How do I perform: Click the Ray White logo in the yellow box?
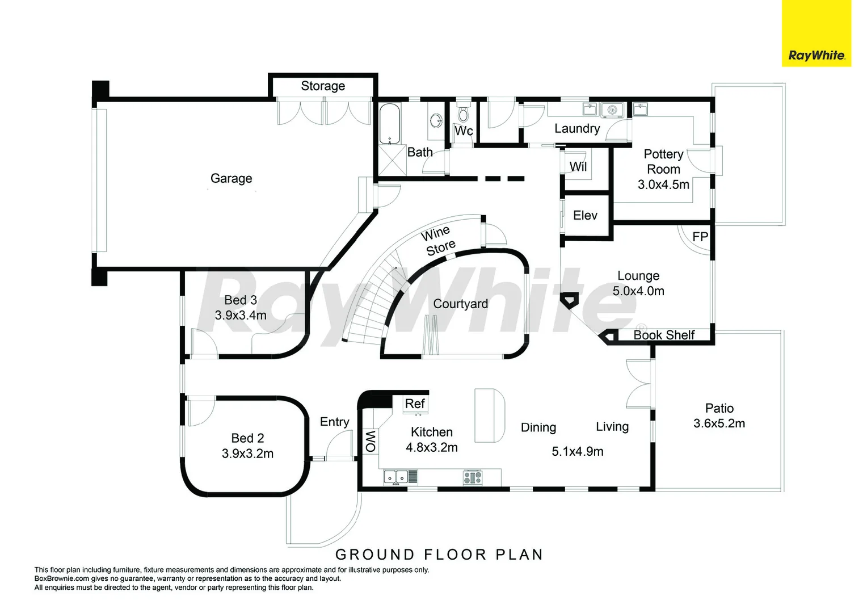[817, 56]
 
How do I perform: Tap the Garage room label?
[231, 178]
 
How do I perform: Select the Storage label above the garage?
[323, 86]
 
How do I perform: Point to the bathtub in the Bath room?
[389, 123]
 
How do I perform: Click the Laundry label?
[577, 128]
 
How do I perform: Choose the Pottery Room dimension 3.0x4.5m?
[663, 184]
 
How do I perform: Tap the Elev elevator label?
[585, 215]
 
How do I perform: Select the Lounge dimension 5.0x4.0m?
[638, 291]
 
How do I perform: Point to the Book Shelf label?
[664, 334]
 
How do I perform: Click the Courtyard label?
[460, 304]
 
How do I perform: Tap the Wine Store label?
[438, 241]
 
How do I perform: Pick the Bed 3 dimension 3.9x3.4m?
[241, 315]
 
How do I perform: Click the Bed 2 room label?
[247, 438]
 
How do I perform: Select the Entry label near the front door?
[334, 422]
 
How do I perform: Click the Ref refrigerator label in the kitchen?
[415, 404]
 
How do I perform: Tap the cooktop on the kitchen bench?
[473, 477]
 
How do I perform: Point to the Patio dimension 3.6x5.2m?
[719, 423]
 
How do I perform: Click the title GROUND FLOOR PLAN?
[439, 555]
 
